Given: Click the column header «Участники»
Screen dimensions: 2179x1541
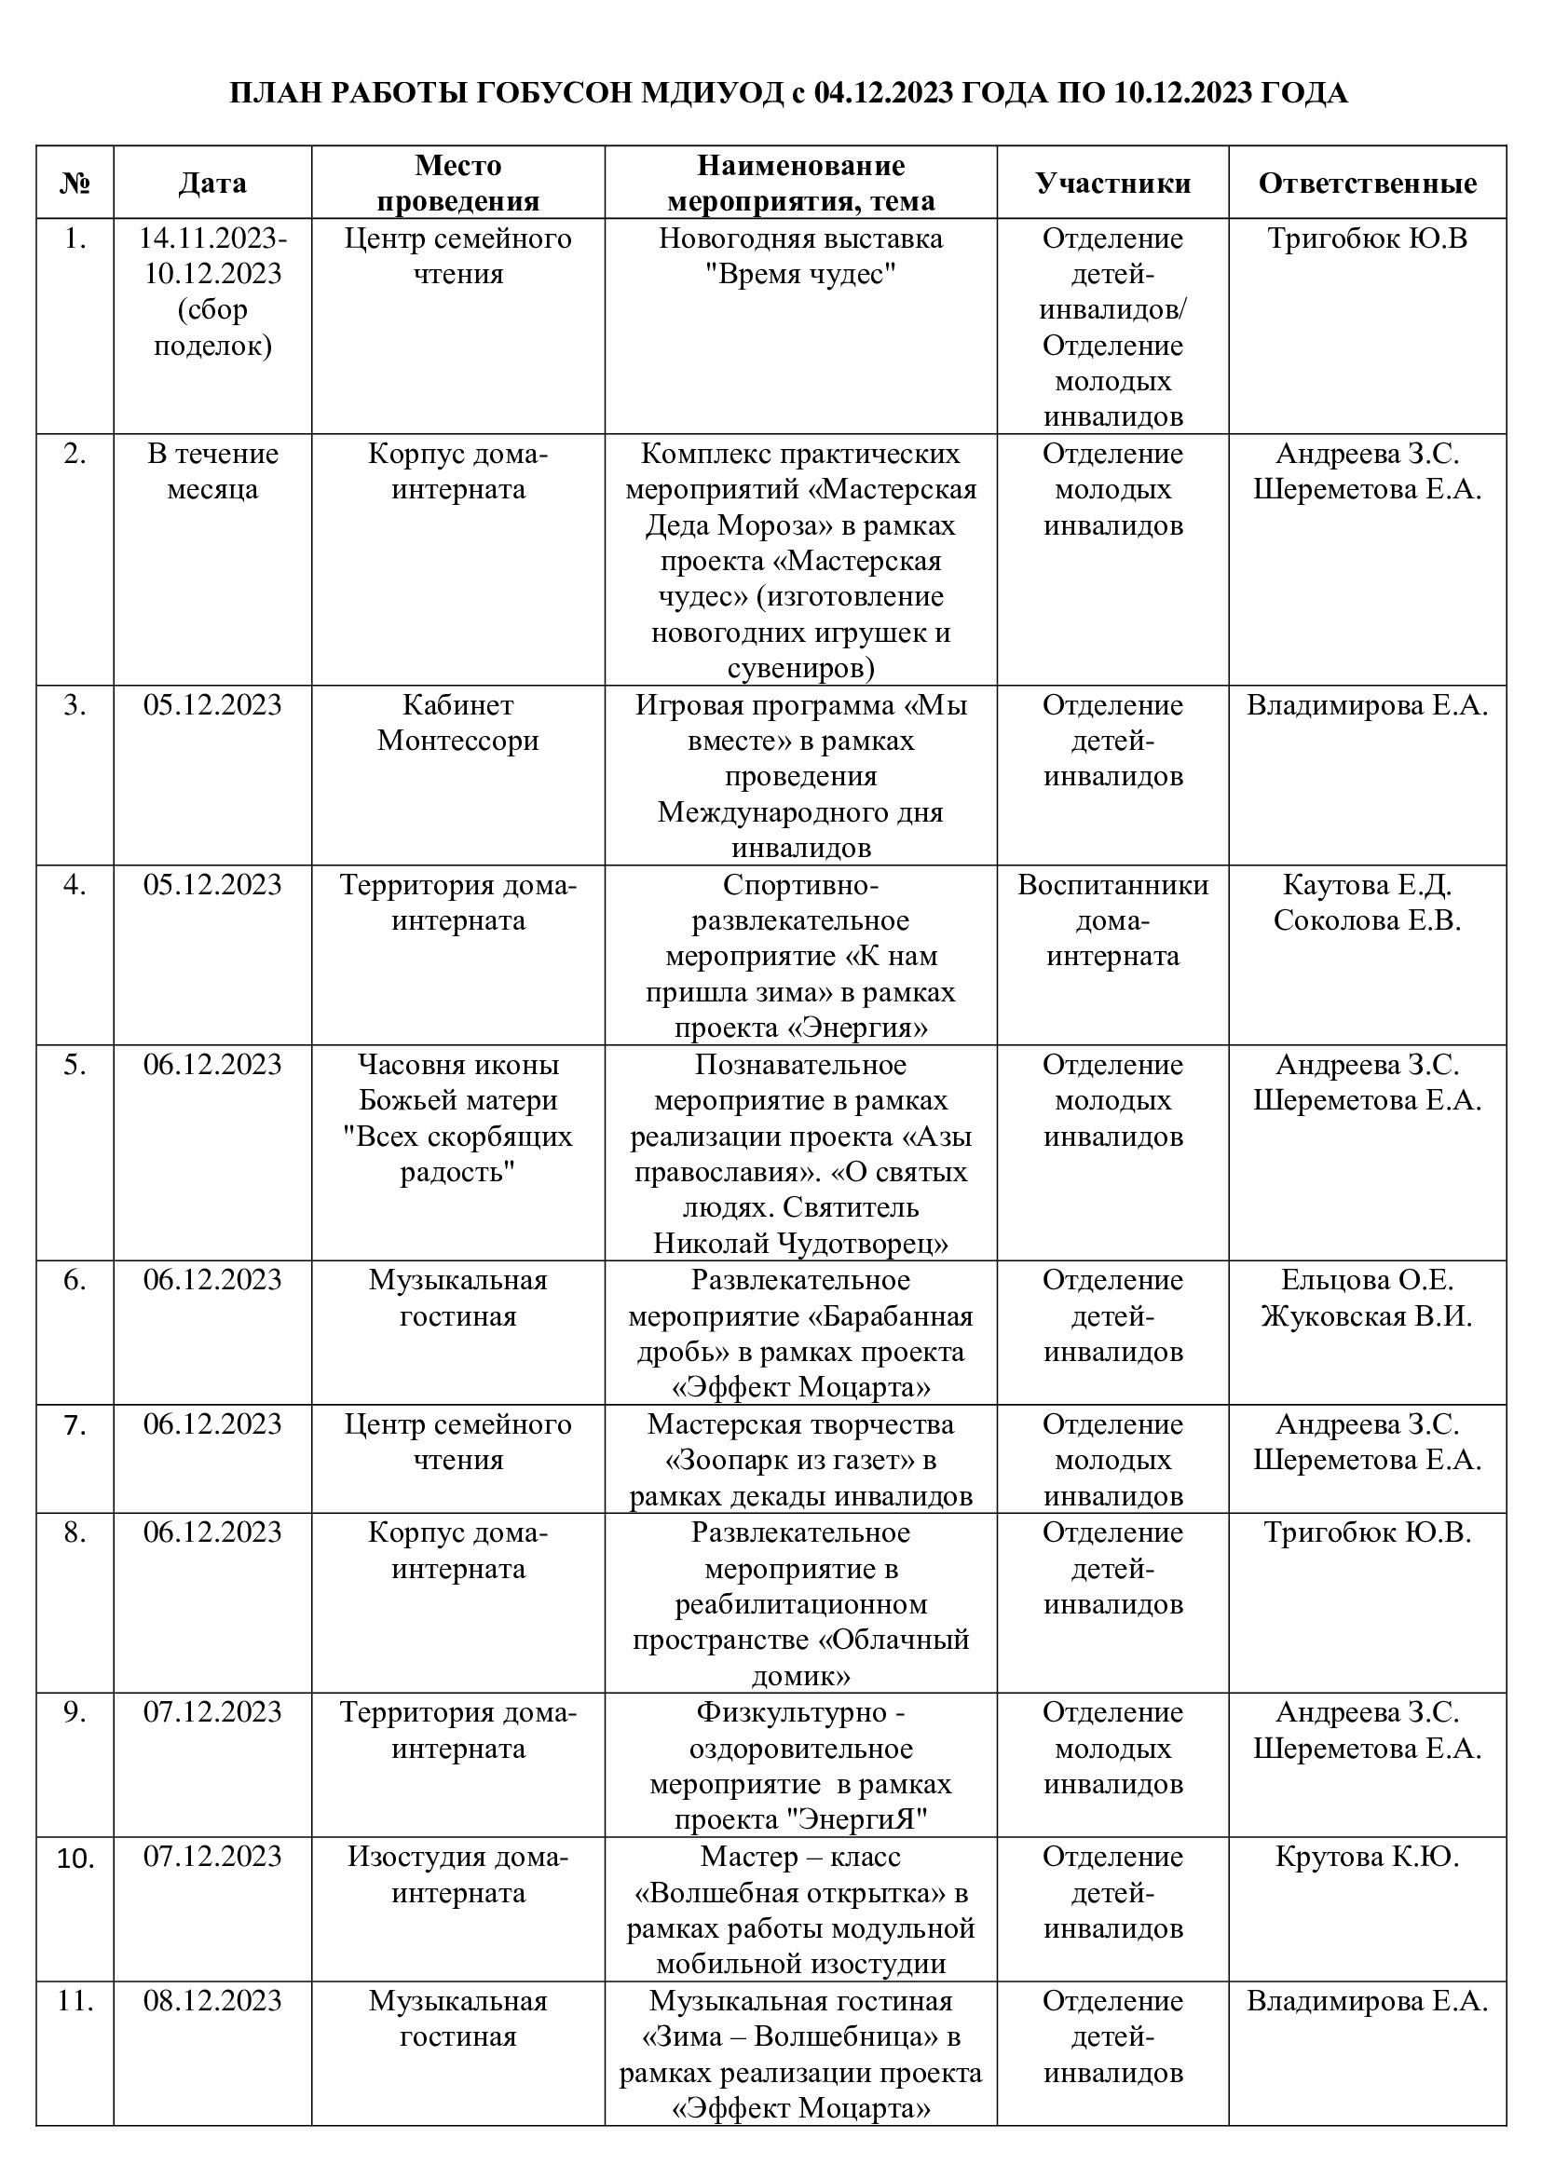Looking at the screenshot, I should [x=1112, y=184].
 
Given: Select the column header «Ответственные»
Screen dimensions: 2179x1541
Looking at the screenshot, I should [x=1367, y=184].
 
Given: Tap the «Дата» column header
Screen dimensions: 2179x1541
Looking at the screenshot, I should [x=212, y=184].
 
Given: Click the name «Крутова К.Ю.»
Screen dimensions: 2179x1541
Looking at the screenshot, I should [x=1367, y=1856].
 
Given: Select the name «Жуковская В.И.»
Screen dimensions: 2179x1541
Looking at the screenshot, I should [x=1367, y=1316].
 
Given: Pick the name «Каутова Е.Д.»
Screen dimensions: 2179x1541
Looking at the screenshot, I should [x=1367, y=884].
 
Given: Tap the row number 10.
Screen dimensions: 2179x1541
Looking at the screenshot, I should [x=75, y=1858].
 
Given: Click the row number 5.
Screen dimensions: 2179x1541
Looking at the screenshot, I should [x=75, y=1065].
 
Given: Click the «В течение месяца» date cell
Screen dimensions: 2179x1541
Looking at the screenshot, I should [x=212, y=471].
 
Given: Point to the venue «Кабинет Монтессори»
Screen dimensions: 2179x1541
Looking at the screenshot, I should [x=457, y=722].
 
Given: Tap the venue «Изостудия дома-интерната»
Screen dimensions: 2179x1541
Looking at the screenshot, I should [x=457, y=1873].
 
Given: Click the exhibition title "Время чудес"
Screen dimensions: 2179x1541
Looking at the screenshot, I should [x=801, y=274].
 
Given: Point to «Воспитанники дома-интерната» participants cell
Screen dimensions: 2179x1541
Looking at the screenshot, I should [x=1112, y=919].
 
